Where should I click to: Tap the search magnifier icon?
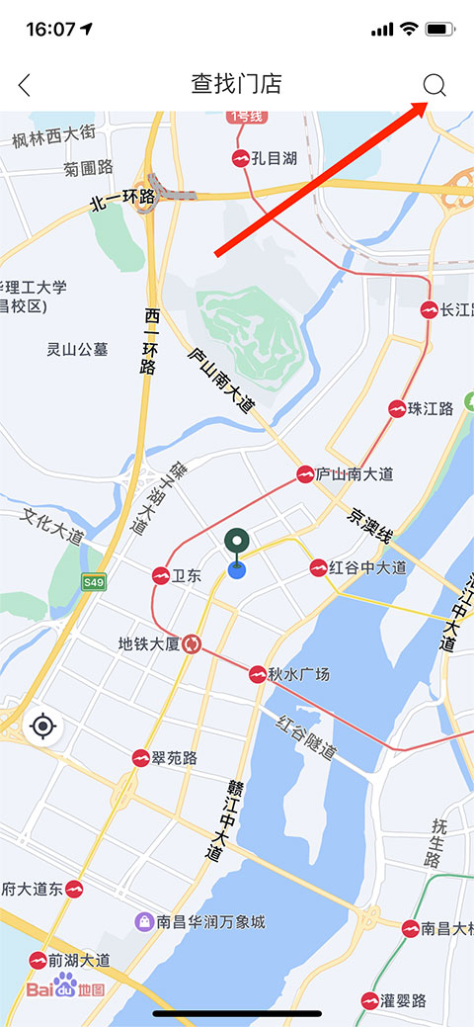click(x=434, y=85)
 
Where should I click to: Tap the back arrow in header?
click(x=25, y=85)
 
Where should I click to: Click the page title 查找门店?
click(x=236, y=84)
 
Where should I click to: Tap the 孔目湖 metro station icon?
click(x=240, y=158)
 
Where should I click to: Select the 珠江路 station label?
click(x=431, y=408)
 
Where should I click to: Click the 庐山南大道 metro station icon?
click(x=305, y=474)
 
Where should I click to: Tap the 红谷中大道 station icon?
click(x=318, y=567)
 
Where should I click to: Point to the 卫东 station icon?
click(x=160, y=576)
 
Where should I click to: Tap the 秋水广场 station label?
click(x=298, y=674)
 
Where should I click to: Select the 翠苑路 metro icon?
click(x=140, y=758)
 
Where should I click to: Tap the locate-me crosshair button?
click(x=42, y=727)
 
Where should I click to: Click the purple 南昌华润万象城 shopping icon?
click(x=144, y=922)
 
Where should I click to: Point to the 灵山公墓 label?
click(x=77, y=349)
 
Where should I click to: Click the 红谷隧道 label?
click(x=306, y=736)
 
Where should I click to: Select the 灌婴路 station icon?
click(x=370, y=1000)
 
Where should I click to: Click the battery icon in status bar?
click(x=439, y=29)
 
